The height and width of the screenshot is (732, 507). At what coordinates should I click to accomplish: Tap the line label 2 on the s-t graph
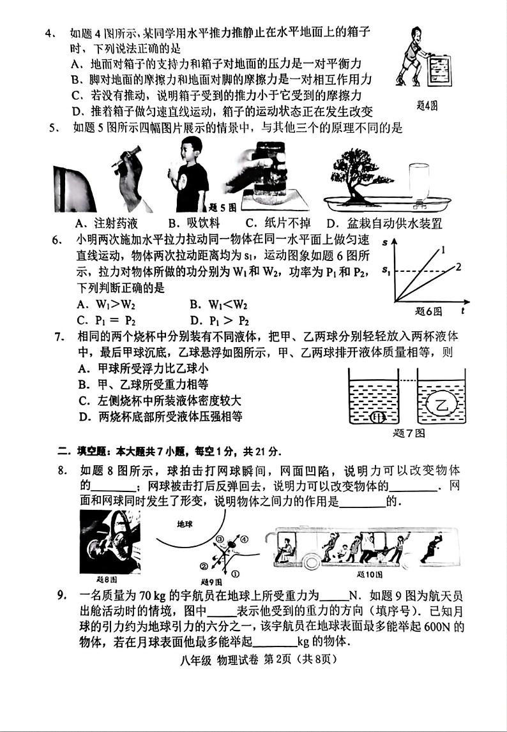[457, 266]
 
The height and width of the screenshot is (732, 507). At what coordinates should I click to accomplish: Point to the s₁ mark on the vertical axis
[386, 273]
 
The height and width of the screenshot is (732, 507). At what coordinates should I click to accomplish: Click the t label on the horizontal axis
[462, 311]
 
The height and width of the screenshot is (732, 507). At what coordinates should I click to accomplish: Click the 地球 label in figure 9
[185, 523]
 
